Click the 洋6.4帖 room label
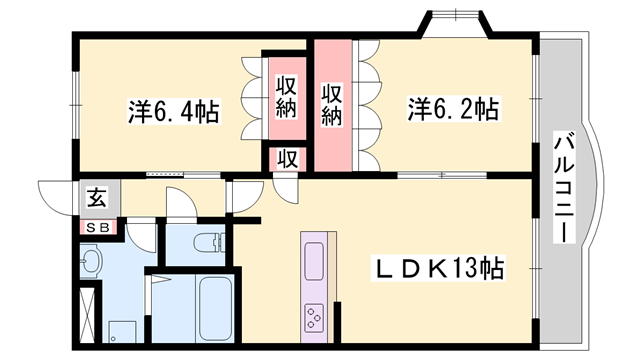pos(174,111)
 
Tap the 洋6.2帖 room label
pos(453,109)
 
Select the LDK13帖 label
pos(438,268)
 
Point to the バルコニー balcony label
pos(564,187)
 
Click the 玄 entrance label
pos(97,197)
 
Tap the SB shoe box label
pos(99,228)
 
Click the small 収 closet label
pos(288,158)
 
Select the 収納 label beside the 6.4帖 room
pos(286,97)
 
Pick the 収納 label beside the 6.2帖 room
pos(331,104)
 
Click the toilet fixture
pos(209,243)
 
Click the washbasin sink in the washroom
pos(90,260)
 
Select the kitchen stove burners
pos(314,317)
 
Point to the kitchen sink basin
pos(314,262)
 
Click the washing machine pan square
pos(122,332)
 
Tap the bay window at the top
pos(455,24)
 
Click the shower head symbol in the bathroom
pos(160,279)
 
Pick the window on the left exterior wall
pos(76,105)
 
